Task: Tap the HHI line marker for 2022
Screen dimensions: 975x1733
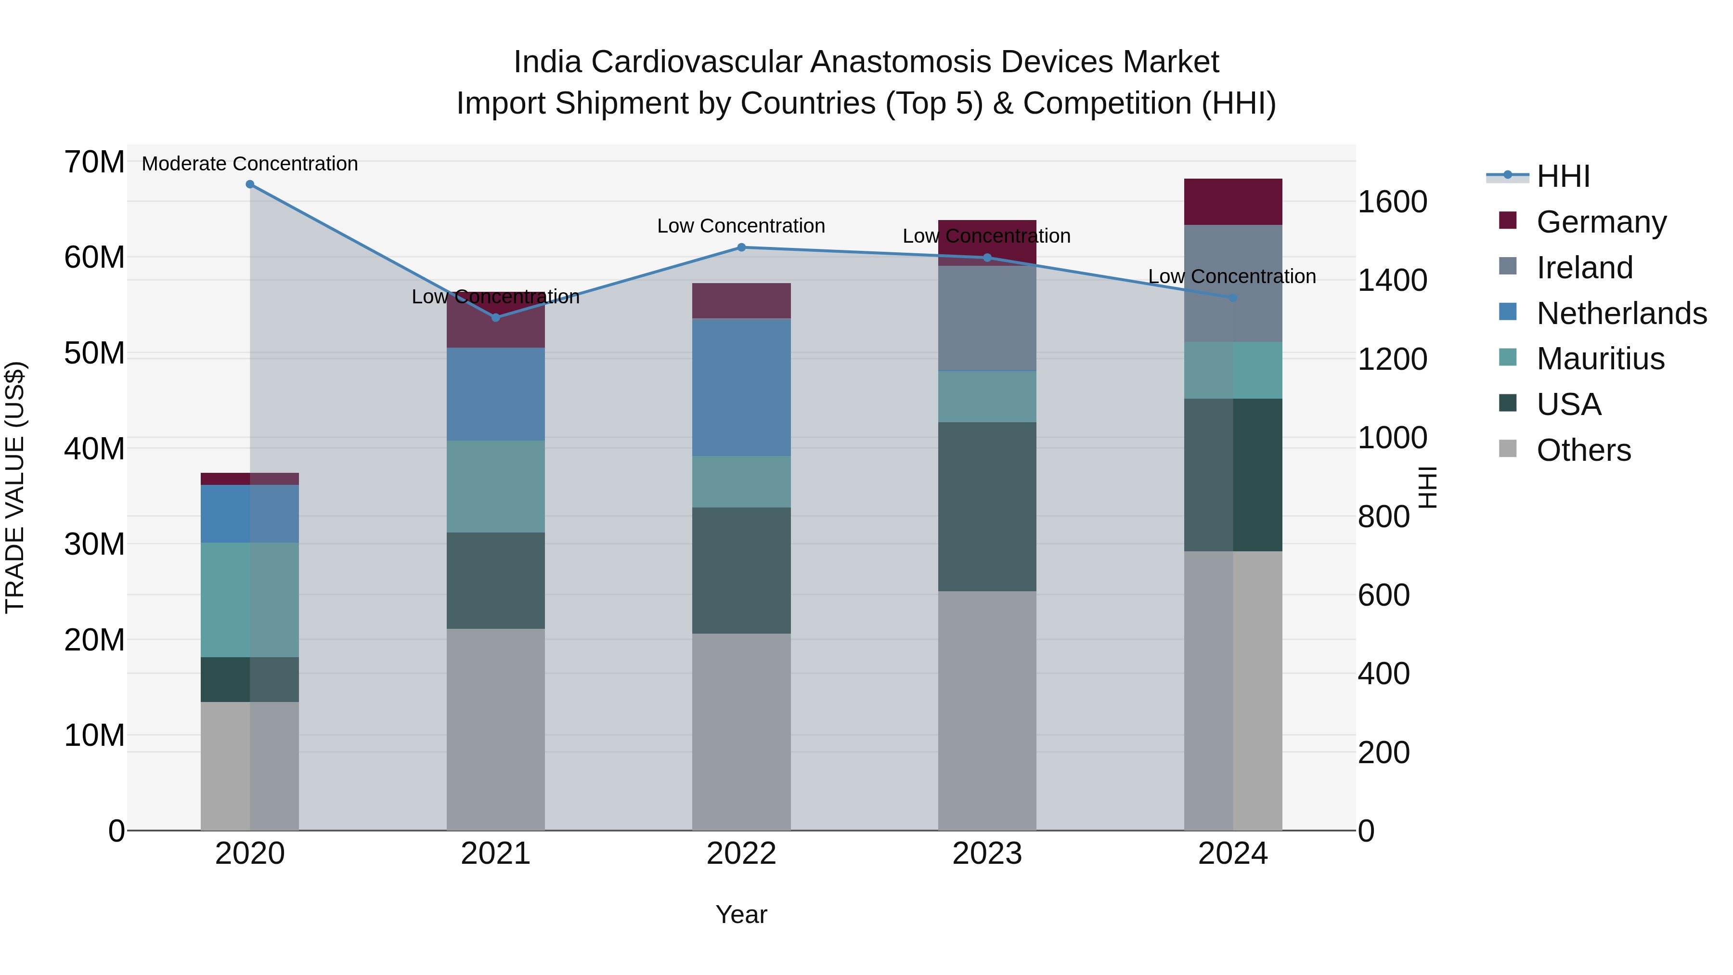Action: pyautogui.click(x=741, y=247)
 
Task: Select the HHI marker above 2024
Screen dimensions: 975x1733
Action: pyautogui.click(x=1233, y=298)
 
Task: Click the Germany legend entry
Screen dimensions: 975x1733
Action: pyautogui.click(x=1601, y=222)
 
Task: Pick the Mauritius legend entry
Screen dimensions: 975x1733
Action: pyautogui.click(x=1600, y=359)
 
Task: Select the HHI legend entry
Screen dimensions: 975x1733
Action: pyautogui.click(x=1563, y=176)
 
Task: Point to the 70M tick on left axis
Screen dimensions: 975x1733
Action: pyautogui.click(x=94, y=162)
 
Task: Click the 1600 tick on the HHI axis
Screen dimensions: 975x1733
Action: pyautogui.click(x=1392, y=202)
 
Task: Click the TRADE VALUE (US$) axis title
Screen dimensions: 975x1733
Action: pyautogui.click(x=15, y=487)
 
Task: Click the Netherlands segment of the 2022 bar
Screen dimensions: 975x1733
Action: pyautogui.click(x=741, y=388)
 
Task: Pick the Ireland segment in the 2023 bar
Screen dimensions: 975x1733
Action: pyautogui.click(x=987, y=318)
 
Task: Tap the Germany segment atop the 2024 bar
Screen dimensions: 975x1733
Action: pyautogui.click(x=1233, y=202)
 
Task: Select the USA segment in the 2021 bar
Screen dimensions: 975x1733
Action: pyautogui.click(x=495, y=581)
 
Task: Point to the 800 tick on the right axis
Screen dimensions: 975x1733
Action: pyautogui.click(x=1383, y=517)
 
